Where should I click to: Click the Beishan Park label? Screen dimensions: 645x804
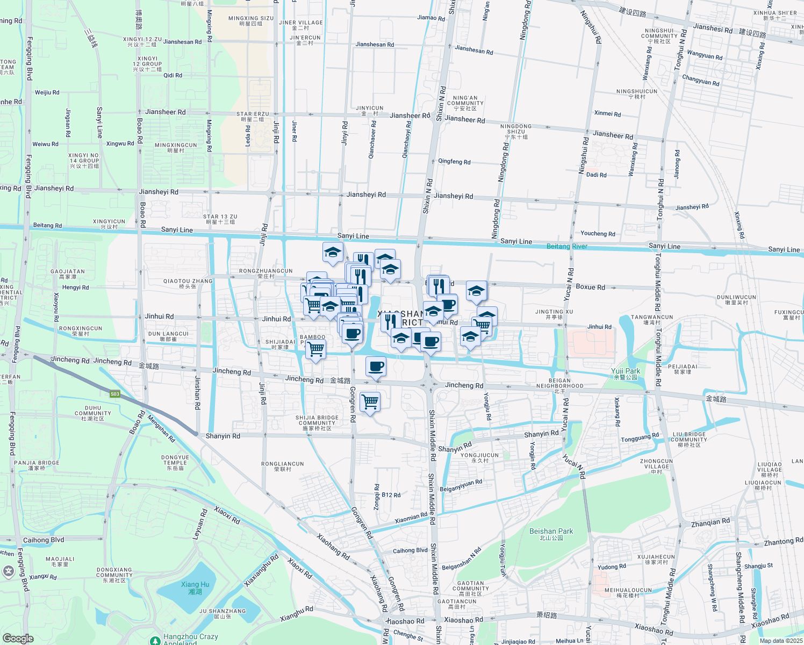pos(551,533)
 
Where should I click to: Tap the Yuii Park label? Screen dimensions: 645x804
pos(626,373)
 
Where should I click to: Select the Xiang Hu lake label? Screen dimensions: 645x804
pos(195,587)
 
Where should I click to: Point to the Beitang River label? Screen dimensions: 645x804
pos(566,246)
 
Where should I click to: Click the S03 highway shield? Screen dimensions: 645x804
pos(114,394)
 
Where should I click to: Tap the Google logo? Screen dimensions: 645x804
pos(18,638)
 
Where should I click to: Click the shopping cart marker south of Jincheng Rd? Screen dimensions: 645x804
pos(370,401)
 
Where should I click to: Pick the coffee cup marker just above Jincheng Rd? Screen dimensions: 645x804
pos(376,367)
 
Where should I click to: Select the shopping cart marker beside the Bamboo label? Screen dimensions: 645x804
pos(315,349)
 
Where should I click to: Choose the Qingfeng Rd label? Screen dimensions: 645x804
pos(454,161)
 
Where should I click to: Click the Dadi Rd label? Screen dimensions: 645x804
pos(596,175)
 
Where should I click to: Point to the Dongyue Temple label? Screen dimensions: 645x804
pos(175,462)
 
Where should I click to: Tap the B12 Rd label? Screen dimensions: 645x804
pos(391,495)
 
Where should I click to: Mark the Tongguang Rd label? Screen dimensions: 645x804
pos(640,438)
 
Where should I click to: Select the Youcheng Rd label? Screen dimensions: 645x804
pos(598,233)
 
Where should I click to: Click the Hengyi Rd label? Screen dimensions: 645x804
pos(75,288)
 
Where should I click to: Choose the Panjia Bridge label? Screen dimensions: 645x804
pos(37,465)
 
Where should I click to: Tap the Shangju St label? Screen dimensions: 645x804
pos(759,566)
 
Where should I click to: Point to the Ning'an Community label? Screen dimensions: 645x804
pos(465,103)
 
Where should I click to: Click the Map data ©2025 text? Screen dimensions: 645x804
pos(781,641)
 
